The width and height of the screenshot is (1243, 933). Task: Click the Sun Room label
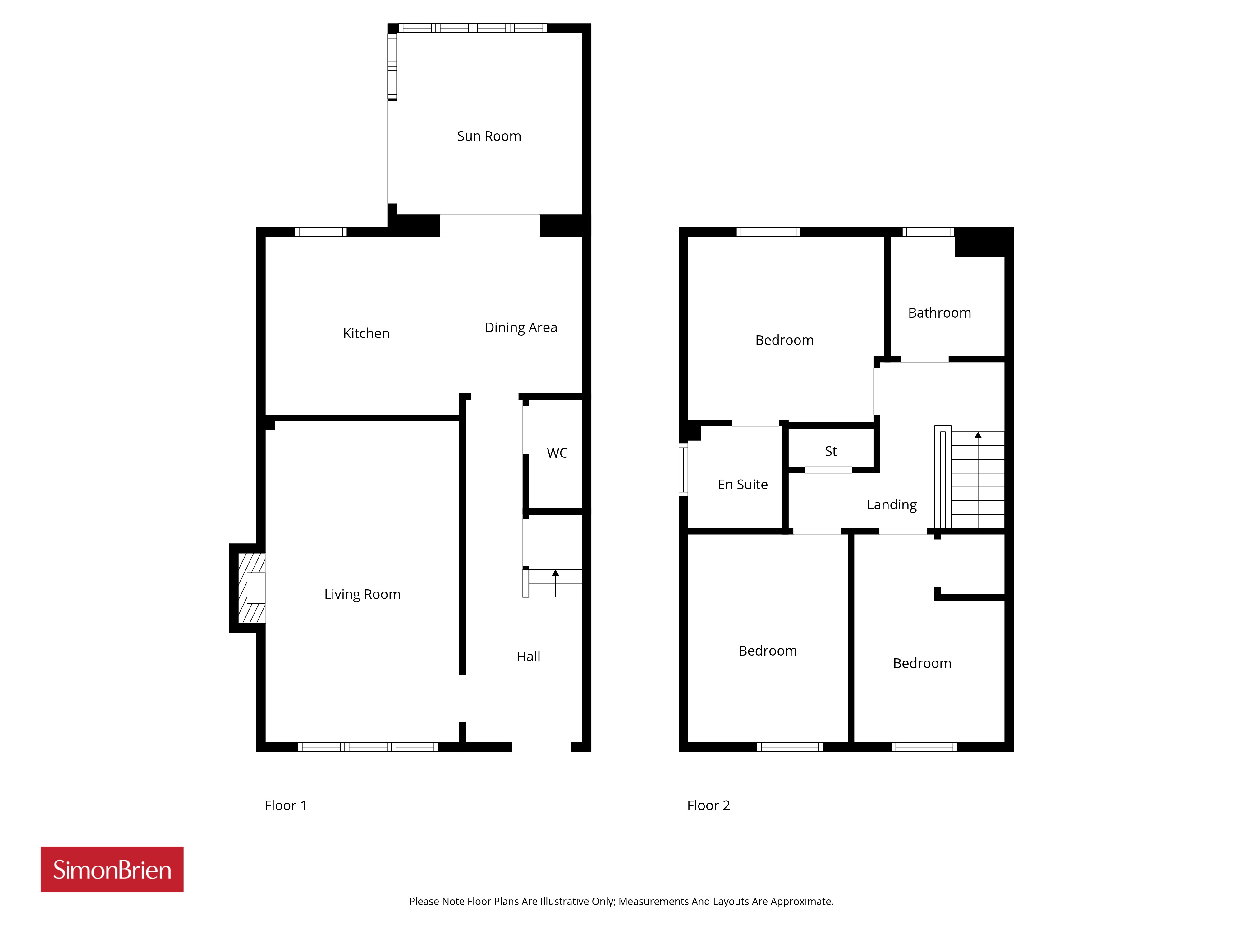(x=489, y=136)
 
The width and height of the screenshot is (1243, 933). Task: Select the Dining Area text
(x=521, y=327)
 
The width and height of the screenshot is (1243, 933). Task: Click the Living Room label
(x=362, y=594)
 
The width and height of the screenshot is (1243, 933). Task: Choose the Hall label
(x=528, y=656)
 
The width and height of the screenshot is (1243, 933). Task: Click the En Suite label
(x=742, y=484)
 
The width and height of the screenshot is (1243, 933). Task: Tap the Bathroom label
(x=940, y=313)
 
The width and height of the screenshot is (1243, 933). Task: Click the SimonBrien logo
(x=112, y=870)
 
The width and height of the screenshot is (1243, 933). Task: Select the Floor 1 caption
(x=286, y=805)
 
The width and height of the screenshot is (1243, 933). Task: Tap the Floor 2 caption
(x=709, y=805)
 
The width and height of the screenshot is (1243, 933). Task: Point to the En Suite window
(x=683, y=470)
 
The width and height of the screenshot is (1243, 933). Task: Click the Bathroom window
(x=928, y=232)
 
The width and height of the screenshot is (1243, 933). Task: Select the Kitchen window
(x=321, y=232)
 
